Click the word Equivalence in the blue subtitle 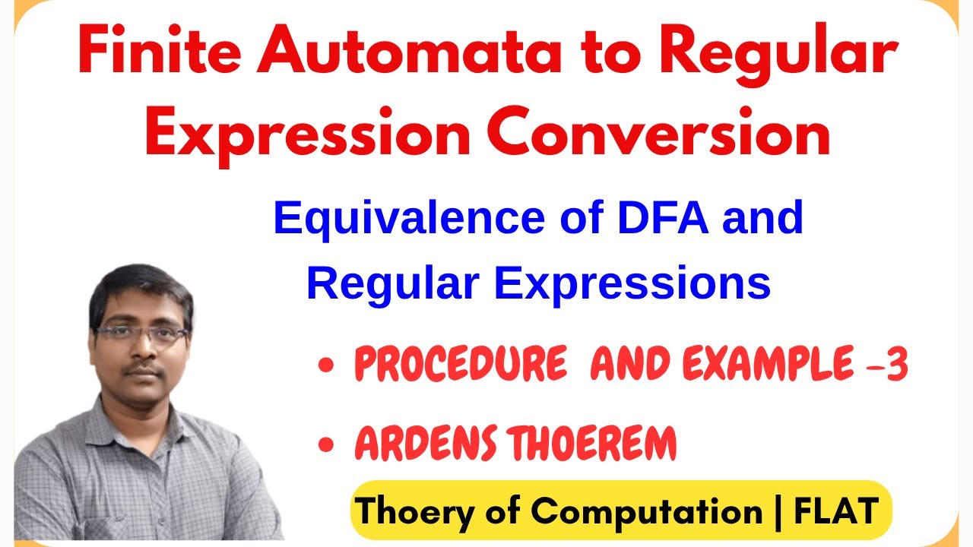point(407,219)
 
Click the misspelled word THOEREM point(593,444)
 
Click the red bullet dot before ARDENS point(328,447)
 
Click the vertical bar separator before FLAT point(777,511)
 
